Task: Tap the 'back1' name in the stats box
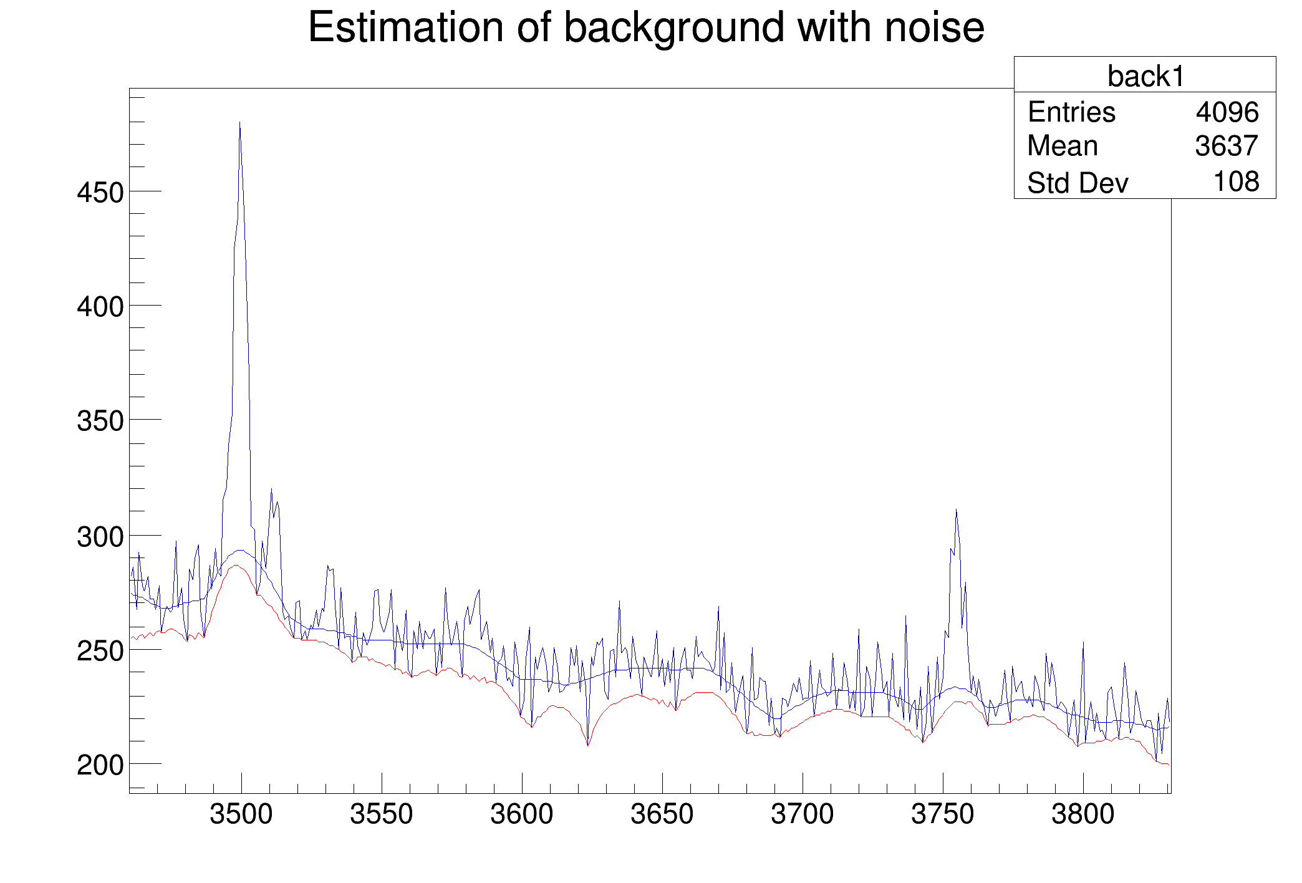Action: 1145,77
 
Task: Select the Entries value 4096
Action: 1227,112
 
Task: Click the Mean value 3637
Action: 1227,146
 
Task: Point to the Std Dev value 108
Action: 1236,181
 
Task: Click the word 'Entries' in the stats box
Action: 1071,112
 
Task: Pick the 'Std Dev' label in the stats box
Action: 1078,183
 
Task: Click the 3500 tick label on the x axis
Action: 241,814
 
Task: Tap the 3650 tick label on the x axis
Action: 662,814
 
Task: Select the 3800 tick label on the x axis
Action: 1083,814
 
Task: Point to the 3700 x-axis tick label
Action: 802,814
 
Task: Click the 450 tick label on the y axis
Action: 100,193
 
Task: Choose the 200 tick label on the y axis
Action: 100,765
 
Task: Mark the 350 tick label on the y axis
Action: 100,422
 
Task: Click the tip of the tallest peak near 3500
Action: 239,123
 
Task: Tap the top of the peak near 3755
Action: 956,510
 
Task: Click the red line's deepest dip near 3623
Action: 587,745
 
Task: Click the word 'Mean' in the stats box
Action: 1062,146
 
